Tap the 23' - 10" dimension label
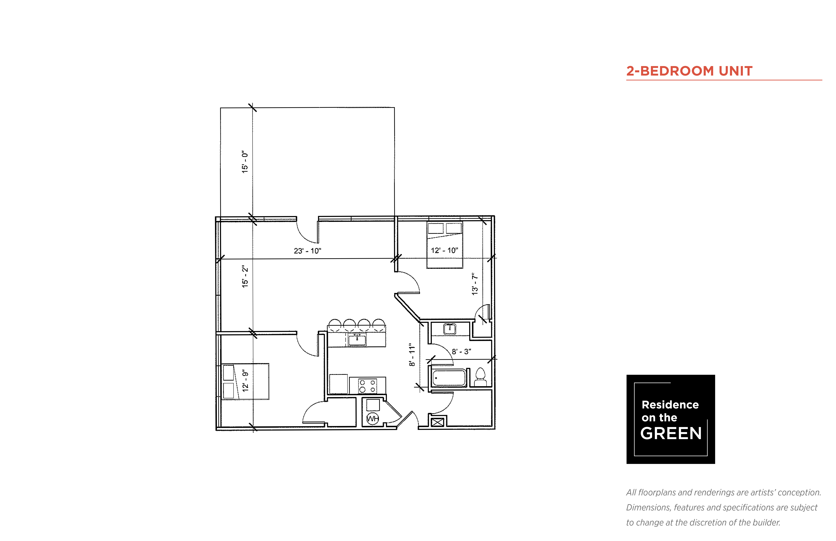[307, 251]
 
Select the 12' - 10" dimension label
[444, 251]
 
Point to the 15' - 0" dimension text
[245, 162]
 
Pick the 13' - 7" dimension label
[475, 284]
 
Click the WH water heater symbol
[372, 418]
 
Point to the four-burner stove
[367, 386]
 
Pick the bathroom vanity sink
[450, 329]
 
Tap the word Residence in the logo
[670, 405]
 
